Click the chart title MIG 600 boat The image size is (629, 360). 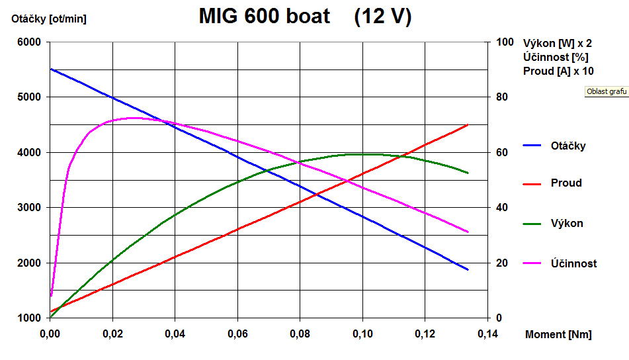[x=265, y=17]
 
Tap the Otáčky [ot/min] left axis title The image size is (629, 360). [x=49, y=19]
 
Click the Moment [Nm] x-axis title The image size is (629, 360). [x=558, y=334]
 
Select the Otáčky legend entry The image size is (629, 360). [x=568, y=146]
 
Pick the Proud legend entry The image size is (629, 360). [x=566, y=183]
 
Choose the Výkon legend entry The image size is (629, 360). [x=567, y=223]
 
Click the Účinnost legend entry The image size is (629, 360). [x=573, y=263]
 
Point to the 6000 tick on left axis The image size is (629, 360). [x=29, y=42]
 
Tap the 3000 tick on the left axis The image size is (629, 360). [x=29, y=208]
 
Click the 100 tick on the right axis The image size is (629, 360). [x=505, y=42]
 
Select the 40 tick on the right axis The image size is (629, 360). [x=502, y=208]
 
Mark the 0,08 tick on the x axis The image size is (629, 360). [x=300, y=334]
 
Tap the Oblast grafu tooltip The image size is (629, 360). [x=606, y=91]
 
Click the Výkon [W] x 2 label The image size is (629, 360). [x=557, y=44]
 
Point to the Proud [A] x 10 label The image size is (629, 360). [x=558, y=71]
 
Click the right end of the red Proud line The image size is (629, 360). [x=468, y=124]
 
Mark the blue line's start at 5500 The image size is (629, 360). [x=51, y=69]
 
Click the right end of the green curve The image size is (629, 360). [x=468, y=173]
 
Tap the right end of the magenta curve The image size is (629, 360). [x=468, y=232]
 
